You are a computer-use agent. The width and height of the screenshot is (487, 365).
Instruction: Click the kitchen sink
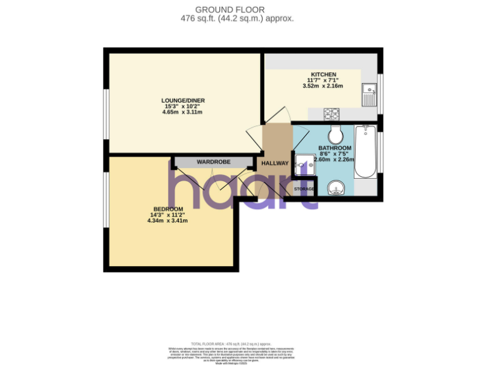point(368,94)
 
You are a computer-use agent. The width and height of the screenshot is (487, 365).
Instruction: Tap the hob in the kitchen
point(332,114)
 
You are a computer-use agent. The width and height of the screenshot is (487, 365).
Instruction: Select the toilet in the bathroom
point(335,134)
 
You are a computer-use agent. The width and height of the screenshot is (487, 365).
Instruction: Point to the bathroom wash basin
point(336,187)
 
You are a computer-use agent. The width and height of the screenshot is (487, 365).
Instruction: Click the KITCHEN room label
point(323,74)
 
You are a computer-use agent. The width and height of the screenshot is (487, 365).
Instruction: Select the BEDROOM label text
point(168,209)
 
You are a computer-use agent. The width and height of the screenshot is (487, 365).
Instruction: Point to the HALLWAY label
point(275,163)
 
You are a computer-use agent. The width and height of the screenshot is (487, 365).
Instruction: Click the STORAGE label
point(304,189)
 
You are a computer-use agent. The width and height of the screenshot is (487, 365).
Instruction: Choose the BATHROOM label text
point(335,148)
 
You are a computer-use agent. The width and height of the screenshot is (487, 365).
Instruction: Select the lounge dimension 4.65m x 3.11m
point(183,112)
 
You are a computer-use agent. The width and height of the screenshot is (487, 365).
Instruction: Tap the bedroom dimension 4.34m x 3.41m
point(168,221)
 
